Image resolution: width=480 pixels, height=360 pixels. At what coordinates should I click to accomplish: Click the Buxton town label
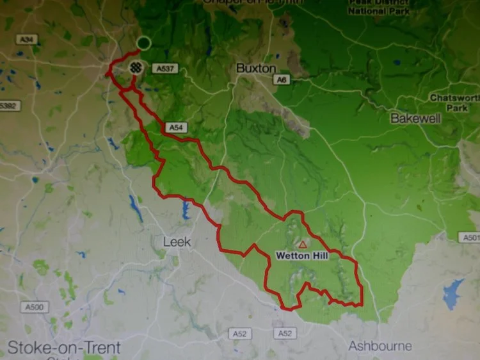255,67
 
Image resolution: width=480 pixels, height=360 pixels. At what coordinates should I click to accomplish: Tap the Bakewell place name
415,119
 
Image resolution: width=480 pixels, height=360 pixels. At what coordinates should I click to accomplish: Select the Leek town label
177,242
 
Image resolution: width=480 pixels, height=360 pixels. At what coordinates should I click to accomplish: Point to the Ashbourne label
380,346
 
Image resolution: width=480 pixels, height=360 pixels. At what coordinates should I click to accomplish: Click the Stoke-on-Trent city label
63,348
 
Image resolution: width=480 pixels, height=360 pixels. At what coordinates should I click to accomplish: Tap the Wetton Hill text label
302,255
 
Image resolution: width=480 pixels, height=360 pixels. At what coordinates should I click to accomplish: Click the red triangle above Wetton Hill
303,245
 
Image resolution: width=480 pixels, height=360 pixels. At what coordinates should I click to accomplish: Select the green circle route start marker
144,43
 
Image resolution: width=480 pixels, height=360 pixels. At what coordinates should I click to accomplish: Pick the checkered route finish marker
136,67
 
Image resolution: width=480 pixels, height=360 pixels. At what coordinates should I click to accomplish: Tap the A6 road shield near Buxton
280,79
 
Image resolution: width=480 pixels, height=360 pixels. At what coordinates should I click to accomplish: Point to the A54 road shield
176,128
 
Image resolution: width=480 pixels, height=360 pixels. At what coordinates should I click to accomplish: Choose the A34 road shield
26,40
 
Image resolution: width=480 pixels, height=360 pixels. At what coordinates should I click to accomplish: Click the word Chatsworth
454,98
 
